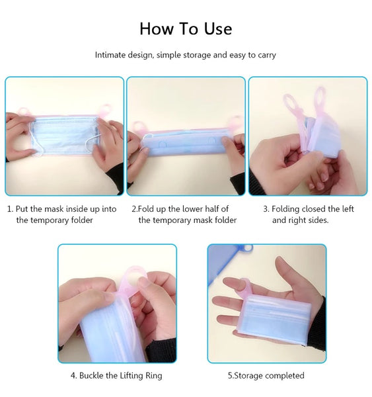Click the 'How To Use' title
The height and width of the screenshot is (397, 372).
pyautogui.click(x=186, y=28)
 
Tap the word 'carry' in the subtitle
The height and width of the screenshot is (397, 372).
pyautogui.click(x=267, y=55)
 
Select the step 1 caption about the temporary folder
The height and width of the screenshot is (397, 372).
pyautogui.click(x=62, y=214)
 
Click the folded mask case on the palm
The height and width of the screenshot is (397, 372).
pyautogui.click(x=274, y=318)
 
